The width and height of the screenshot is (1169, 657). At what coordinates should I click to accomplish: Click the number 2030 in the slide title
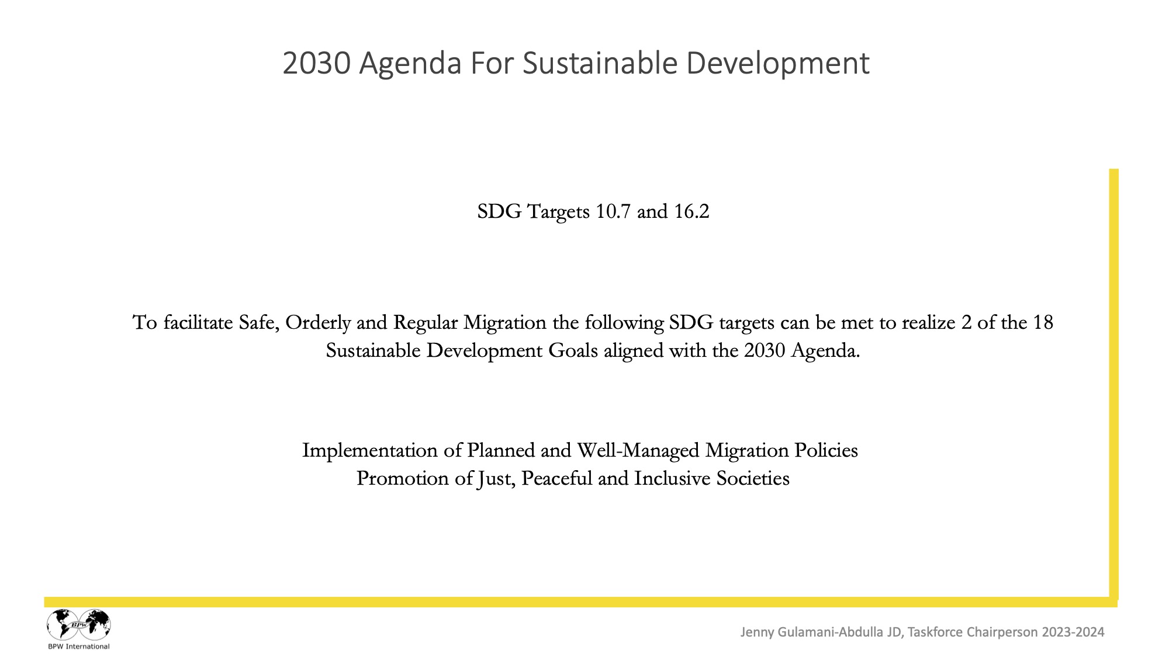(x=316, y=64)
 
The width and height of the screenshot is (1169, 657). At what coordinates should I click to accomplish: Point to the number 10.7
(x=613, y=211)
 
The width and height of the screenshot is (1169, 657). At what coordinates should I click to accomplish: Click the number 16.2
(x=691, y=211)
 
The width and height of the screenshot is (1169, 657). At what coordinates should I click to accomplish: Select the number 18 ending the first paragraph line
(x=1043, y=322)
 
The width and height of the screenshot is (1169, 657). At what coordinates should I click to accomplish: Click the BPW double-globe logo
(x=79, y=624)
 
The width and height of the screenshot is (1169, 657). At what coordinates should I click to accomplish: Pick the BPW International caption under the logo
(x=79, y=646)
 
